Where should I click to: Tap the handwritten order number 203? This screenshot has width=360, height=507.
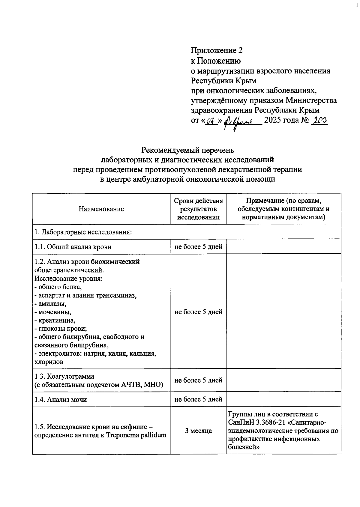(x=319, y=120)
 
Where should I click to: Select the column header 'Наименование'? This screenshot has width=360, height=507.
(x=101, y=209)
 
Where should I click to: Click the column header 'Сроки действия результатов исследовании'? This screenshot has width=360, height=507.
(x=198, y=209)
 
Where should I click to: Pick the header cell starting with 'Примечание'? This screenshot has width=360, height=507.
(x=283, y=209)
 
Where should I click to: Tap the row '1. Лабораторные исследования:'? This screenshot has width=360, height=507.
(x=83, y=232)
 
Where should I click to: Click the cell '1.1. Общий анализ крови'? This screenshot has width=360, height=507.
(x=73, y=247)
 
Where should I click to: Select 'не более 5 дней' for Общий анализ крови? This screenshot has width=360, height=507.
(x=198, y=247)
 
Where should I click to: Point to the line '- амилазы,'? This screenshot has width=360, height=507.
(x=50, y=303)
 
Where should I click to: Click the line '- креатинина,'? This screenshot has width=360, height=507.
(x=55, y=320)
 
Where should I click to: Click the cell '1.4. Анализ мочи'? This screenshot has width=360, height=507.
(x=61, y=399)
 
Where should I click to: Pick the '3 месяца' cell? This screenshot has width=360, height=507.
(x=198, y=431)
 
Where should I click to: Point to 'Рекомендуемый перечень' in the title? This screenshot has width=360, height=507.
(x=187, y=150)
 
